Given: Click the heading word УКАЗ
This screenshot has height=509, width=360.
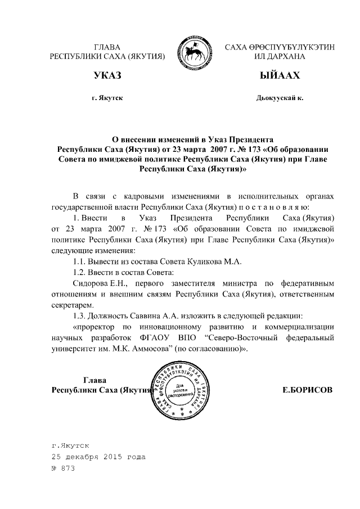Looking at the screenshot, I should [x=107, y=75].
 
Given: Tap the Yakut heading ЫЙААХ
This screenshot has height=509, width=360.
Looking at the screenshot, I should [x=280, y=75].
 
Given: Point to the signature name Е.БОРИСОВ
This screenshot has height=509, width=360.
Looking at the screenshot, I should [x=308, y=389].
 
